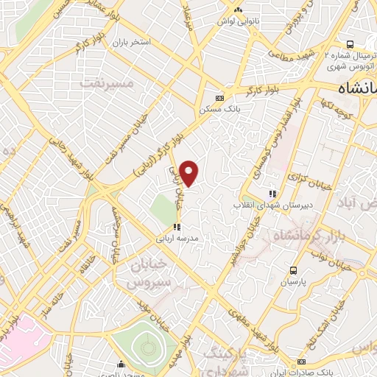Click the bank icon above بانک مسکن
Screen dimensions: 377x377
pos(219,98)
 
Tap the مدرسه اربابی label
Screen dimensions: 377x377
pos(177,239)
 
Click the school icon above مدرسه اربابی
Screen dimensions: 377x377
pos(176,227)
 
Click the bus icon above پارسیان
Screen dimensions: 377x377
pos(293,270)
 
